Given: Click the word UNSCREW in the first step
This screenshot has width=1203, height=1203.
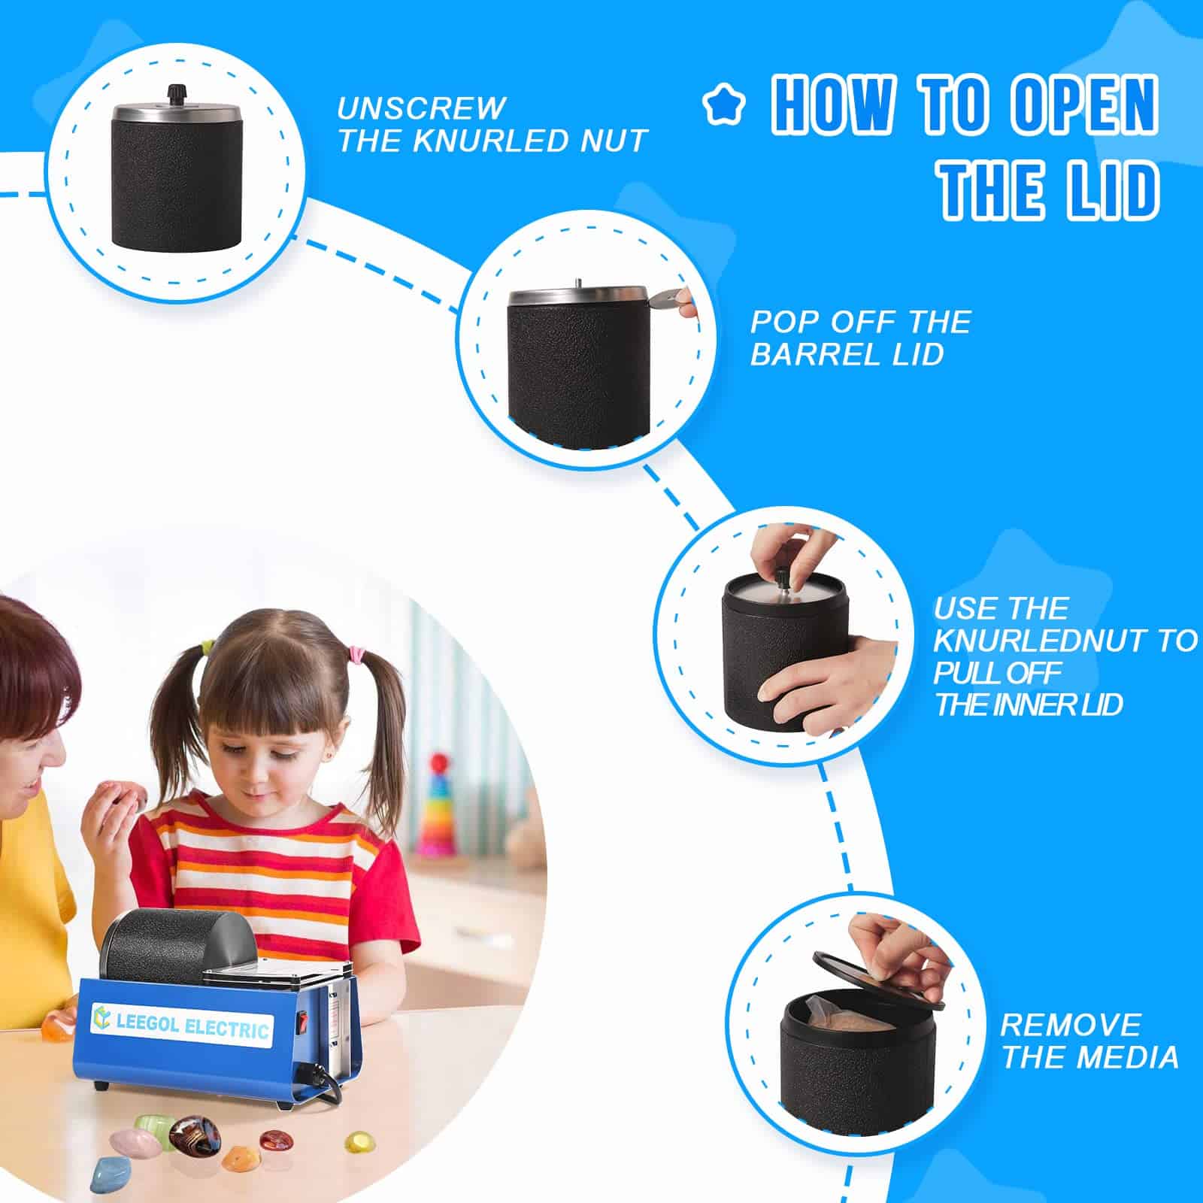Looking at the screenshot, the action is pos(421,108).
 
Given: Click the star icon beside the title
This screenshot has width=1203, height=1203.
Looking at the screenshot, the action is pos(723,106).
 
